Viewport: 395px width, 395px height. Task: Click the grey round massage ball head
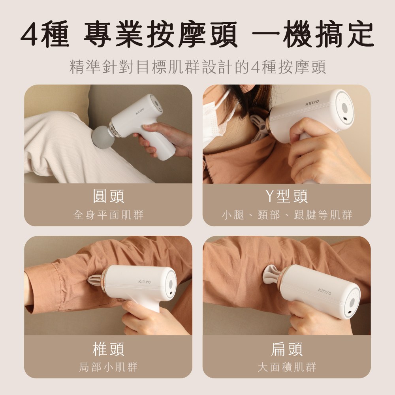click(x=102, y=137)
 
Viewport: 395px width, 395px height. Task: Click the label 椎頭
click(x=108, y=349)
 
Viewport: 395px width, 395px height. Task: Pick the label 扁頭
click(x=287, y=349)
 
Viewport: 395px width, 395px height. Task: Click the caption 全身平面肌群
click(x=108, y=215)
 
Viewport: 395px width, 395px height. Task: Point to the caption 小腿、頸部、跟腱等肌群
click(x=287, y=215)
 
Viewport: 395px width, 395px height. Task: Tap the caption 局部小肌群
click(x=108, y=367)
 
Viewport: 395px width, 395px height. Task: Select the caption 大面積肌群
click(x=287, y=367)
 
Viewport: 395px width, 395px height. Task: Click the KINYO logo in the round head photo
click(x=140, y=112)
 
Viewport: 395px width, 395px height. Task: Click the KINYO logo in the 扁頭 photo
click(x=325, y=292)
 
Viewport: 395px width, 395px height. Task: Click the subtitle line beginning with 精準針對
click(x=197, y=67)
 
